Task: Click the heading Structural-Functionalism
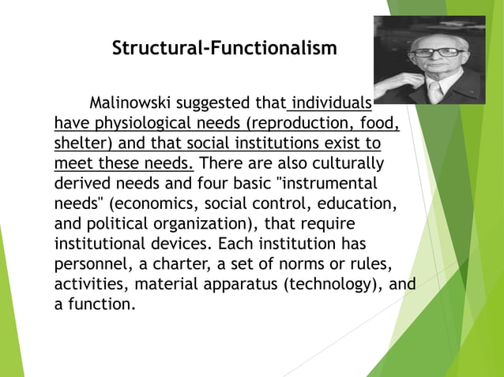(224, 48)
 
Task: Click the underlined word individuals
(332, 103)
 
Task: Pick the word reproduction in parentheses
(303, 124)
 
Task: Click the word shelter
(84, 144)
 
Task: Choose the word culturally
(348, 165)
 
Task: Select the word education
(356, 203)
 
